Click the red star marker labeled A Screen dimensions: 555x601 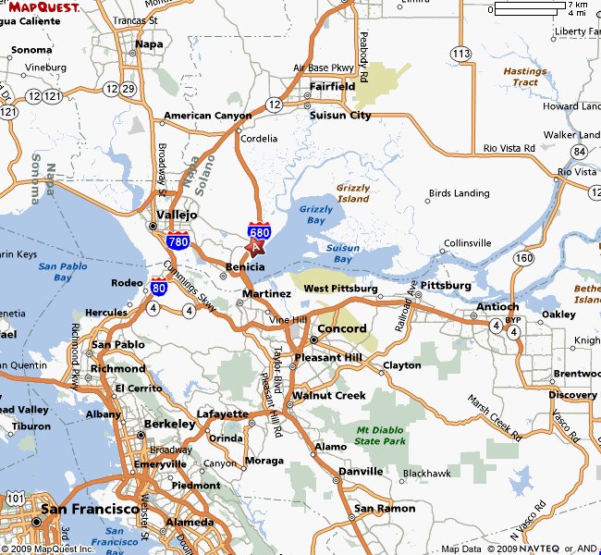tap(256, 246)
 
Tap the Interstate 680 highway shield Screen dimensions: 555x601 tap(259, 231)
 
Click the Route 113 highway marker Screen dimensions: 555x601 tap(460, 55)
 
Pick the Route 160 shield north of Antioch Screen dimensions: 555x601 tap(524, 257)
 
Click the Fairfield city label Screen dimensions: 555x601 tap(331, 86)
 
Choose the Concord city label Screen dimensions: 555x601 tap(342, 328)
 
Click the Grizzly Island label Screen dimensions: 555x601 tap(353, 192)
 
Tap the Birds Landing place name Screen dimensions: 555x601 tap(459, 193)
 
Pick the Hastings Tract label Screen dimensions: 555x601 tap(524, 77)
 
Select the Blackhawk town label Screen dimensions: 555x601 tap(426, 473)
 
